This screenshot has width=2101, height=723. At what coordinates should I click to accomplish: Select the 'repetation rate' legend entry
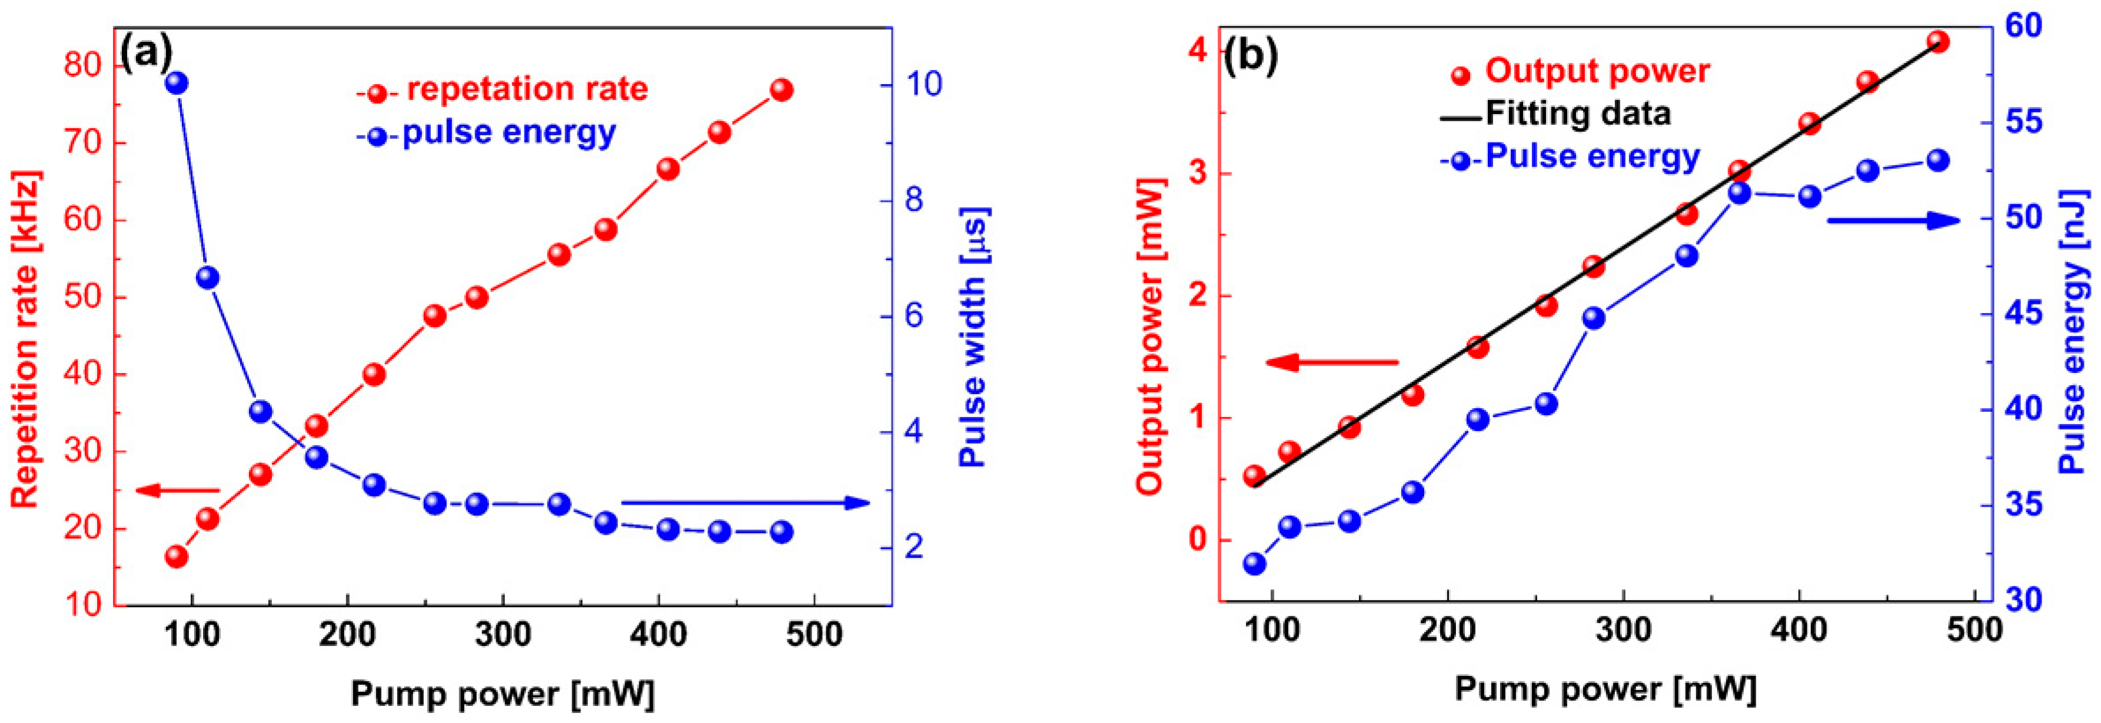[526, 89]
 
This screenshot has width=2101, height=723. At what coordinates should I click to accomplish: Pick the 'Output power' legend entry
[1596, 72]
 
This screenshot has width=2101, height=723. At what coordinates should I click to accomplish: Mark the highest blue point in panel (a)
[176, 83]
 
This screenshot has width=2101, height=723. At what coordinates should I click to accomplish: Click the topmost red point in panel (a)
[782, 91]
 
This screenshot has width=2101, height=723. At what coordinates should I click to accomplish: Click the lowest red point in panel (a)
[176, 557]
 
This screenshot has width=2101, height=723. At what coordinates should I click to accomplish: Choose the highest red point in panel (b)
[1939, 42]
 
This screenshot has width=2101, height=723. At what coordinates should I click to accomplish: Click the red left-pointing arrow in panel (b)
[1331, 362]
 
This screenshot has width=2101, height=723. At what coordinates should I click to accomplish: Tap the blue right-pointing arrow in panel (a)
[746, 502]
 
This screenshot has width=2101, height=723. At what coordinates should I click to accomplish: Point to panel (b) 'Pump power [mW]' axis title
[1604, 689]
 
